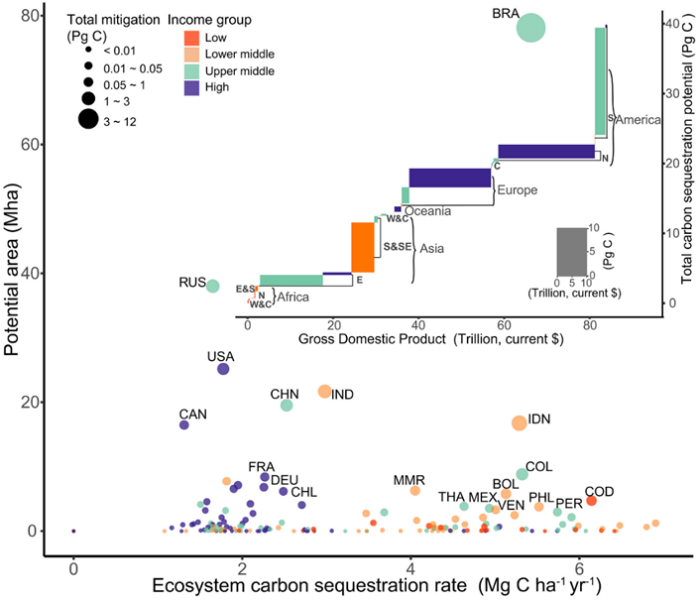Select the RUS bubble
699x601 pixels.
coord(212,286)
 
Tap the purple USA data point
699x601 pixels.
coord(223,369)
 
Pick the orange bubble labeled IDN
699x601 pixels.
coord(519,422)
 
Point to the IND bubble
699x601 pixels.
coord(324,392)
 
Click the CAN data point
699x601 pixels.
coord(183,424)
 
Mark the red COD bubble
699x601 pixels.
coord(591,501)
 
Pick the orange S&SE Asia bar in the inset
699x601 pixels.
coord(363,247)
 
